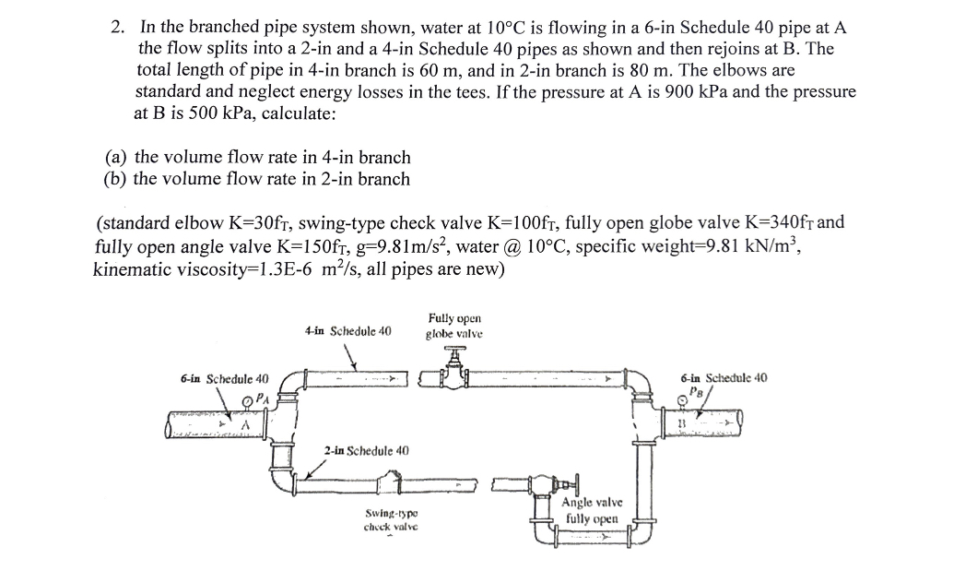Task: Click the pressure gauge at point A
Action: (x=249, y=399)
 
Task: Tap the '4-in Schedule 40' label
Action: (x=347, y=329)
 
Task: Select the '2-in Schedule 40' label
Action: (x=366, y=450)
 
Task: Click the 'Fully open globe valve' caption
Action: (x=453, y=325)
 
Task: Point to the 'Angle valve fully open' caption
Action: (x=592, y=511)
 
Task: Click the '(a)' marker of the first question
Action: (x=116, y=158)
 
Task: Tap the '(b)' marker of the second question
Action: (x=116, y=179)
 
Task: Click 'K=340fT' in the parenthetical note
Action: (x=778, y=223)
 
